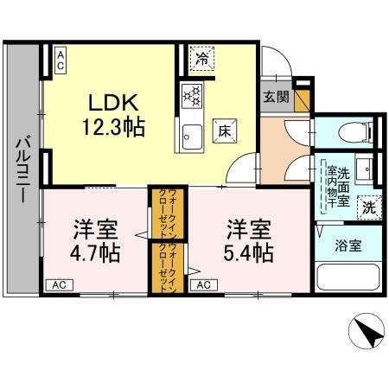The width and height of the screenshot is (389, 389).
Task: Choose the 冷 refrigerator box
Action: [x=201, y=60]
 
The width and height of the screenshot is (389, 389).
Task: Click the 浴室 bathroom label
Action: [x=349, y=246]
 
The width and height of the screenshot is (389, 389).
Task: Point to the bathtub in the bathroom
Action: [x=349, y=278]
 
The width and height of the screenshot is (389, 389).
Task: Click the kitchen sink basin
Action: [x=191, y=134]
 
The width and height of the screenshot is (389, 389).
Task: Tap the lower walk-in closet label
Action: [x=163, y=265]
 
